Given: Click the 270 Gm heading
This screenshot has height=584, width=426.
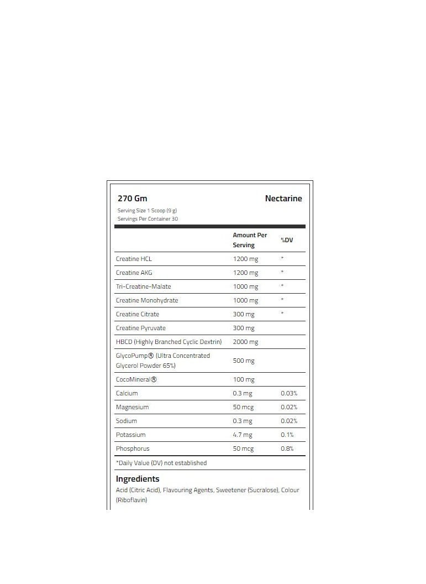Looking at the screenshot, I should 133,199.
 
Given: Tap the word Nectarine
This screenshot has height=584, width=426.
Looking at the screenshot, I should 283,199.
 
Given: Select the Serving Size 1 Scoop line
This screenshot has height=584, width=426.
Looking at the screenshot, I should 147,211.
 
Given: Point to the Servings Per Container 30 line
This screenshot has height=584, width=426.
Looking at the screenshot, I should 148,219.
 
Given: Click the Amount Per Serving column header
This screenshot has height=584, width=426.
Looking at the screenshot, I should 250,240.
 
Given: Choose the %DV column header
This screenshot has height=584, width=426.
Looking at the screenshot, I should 287,240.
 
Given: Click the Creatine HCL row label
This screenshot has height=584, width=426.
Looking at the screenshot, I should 134,259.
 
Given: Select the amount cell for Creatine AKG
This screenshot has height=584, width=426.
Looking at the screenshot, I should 245,273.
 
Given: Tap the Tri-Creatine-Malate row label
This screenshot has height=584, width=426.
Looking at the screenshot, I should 144,286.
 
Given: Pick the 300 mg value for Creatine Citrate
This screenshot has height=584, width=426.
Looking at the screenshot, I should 244,314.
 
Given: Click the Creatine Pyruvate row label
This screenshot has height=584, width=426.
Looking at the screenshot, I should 141,328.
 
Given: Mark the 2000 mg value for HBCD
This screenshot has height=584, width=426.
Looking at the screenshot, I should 245,342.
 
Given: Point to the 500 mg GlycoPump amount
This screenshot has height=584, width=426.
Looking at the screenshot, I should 244,361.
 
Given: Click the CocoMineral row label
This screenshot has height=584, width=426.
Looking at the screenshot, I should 136,380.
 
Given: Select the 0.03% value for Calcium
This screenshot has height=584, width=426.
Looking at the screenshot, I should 289,393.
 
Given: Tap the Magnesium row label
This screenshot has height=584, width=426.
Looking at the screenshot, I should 133,407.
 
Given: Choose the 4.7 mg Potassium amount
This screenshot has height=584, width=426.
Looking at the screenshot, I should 243,435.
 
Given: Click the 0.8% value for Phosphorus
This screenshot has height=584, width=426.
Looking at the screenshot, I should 287,449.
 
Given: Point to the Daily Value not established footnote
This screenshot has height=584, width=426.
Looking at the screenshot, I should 161,463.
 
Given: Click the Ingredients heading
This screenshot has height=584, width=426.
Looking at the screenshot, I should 138,479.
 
